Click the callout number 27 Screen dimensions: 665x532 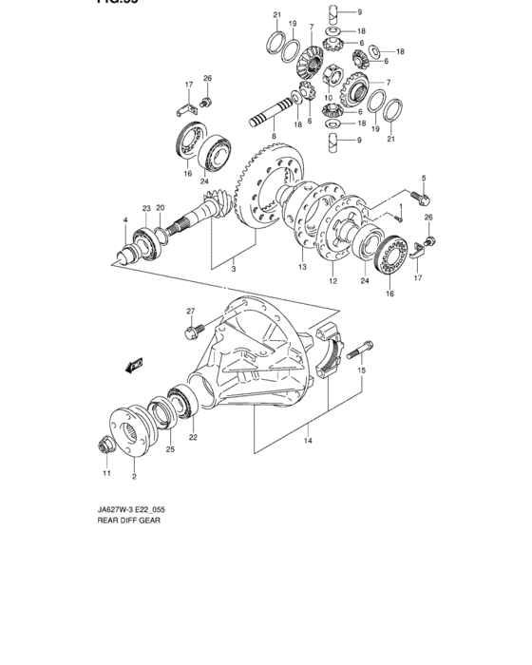(190, 312)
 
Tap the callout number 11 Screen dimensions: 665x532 (106, 473)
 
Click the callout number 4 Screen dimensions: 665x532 (123, 220)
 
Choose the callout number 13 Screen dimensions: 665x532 (302, 269)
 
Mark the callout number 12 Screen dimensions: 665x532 (333, 282)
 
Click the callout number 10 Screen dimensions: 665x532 (328, 97)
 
